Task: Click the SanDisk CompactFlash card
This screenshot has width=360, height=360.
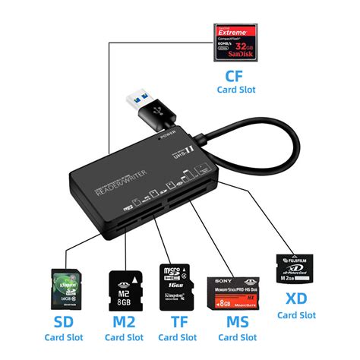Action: pos(237,43)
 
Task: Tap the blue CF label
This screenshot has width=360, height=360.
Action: pos(235,76)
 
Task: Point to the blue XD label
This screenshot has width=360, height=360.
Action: pos(297,300)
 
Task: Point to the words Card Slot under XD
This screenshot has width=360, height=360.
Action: pos(297,314)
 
